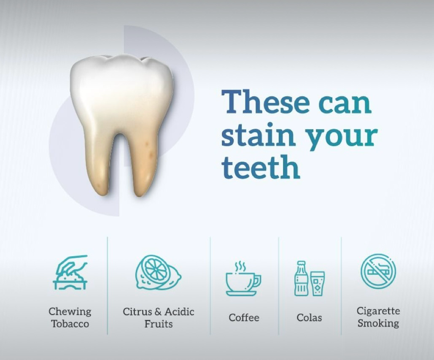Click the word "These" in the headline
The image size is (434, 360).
click(266, 101)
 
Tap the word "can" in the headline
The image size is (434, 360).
click(345, 104)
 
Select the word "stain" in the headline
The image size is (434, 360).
click(258, 135)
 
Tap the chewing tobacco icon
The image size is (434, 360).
click(70, 273)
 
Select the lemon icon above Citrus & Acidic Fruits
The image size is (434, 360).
click(158, 273)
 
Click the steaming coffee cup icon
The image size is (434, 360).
click(243, 278)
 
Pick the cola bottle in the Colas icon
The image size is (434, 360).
click(301, 278)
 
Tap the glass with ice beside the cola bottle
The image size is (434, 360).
click(317, 284)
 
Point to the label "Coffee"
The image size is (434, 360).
click(244, 318)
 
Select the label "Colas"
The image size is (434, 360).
click(309, 318)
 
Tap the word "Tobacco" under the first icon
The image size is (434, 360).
click(70, 323)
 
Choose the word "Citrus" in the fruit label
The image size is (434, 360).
click(137, 311)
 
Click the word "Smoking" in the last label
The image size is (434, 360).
click(378, 323)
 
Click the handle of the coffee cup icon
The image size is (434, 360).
click(257, 281)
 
